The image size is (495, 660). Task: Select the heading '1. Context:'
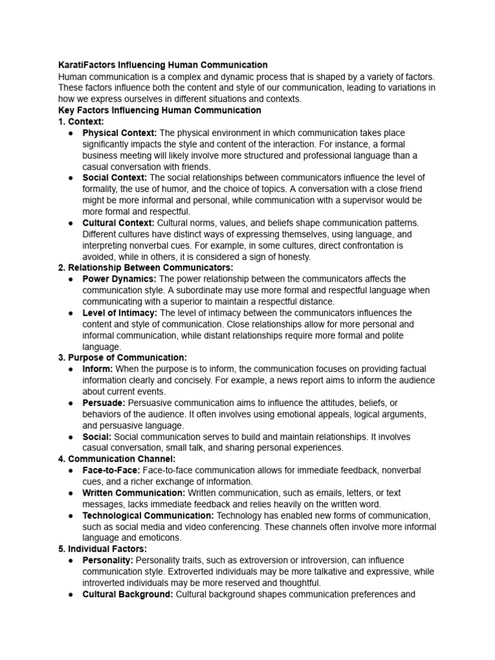pos(81,121)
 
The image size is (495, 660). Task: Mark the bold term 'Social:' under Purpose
pos(97,436)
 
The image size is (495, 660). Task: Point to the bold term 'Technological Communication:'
pos(148,516)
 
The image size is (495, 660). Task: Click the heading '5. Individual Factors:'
pos(102,549)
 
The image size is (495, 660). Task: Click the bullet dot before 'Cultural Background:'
pos(70,594)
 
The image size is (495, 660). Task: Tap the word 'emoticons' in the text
pos(159,538)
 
